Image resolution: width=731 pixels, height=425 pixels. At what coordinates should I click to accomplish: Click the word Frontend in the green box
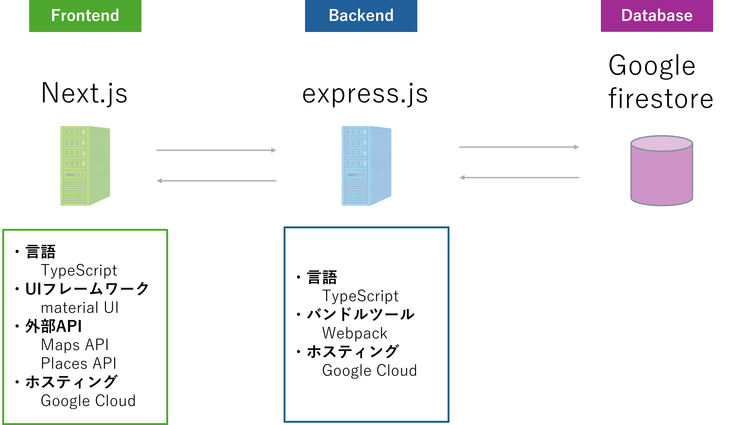coord(85,15)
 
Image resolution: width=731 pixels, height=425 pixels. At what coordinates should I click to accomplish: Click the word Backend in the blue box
coord(361,15)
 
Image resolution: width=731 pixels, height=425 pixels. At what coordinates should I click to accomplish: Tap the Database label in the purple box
coord(657,15)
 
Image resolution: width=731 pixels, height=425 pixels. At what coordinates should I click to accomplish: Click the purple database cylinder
coord(661,177)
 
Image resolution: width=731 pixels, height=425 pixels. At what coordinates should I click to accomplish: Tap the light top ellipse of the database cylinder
coord(661,143)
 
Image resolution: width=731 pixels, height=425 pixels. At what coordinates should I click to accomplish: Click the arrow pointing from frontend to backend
coord(216,150)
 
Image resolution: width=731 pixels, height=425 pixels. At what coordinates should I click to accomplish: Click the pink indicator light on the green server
coord(77,175)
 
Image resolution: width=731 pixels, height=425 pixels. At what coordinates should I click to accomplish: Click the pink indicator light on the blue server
coord(358,175)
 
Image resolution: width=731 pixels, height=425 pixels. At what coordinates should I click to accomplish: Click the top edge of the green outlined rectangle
coord(85,230)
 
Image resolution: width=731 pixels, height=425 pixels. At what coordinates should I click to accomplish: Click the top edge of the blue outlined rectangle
coord(366,228)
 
